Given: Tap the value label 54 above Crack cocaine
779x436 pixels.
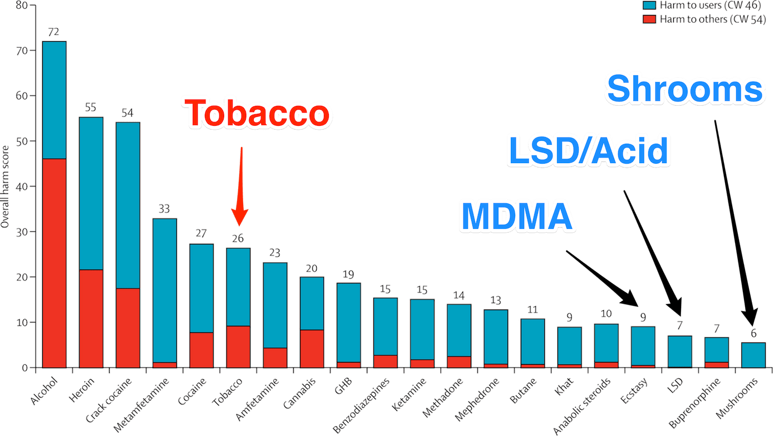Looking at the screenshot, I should (x=127, y=114).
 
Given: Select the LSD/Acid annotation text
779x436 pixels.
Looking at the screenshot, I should (x=587, y=150).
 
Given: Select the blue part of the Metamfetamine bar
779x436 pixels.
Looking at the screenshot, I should (x=165, y=290).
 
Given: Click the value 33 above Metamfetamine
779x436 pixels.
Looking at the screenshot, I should (x=164, y=209).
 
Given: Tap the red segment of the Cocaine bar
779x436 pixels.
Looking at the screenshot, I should (x=201, y=350).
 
